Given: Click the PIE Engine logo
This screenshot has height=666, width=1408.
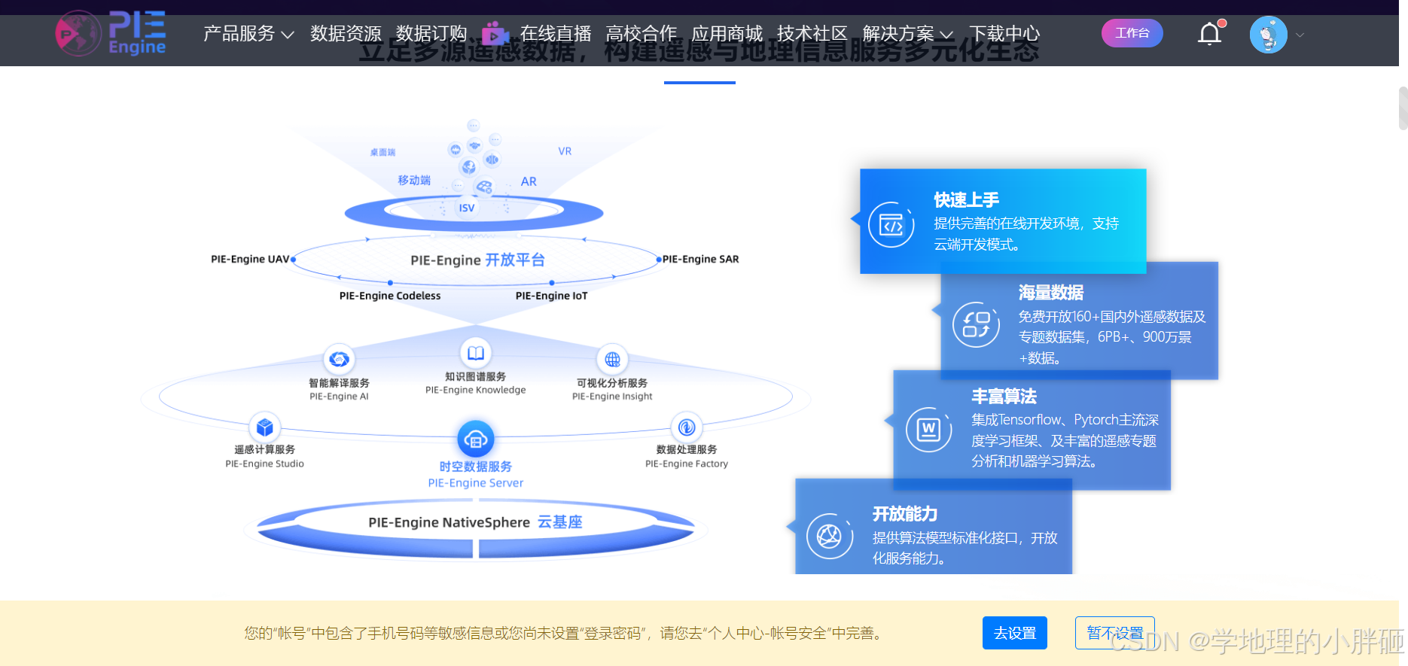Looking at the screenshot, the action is coord(111,34).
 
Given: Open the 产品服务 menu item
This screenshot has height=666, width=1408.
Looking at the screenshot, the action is coord(248,34).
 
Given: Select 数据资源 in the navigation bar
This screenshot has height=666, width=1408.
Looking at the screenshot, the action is coord(346,34).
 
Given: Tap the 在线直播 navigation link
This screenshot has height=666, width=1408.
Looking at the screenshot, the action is coord(555,34).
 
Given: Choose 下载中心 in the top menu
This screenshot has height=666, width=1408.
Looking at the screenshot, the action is coord(1004,34).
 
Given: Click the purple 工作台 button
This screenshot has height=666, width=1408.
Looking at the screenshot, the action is coord(1132,33).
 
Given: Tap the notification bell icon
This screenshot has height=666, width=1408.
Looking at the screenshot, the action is coord(1209,34).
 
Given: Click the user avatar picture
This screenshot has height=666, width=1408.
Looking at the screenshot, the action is coord(1268,35).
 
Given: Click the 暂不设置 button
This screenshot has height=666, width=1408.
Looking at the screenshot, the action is coord(1114,633).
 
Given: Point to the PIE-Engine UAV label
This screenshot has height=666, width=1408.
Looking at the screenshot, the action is coord(250,259).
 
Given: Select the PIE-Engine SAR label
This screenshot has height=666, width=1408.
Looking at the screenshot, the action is coord(700,259).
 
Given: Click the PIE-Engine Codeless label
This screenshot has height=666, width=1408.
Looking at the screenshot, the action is coord(390,296).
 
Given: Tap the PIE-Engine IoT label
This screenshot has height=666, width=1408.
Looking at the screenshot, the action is coord(551,296).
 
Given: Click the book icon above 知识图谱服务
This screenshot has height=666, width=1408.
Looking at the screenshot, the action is coord(476,352).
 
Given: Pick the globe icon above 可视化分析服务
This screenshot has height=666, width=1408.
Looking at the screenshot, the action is coord(612,359).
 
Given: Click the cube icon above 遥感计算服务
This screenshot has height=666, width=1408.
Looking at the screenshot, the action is coord(264,427).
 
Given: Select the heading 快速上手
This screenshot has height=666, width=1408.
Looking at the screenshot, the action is coord(966,200).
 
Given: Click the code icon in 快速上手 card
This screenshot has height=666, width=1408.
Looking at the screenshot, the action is coord(891,225).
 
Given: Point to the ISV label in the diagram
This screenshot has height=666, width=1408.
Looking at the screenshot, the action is coord(467,208).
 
